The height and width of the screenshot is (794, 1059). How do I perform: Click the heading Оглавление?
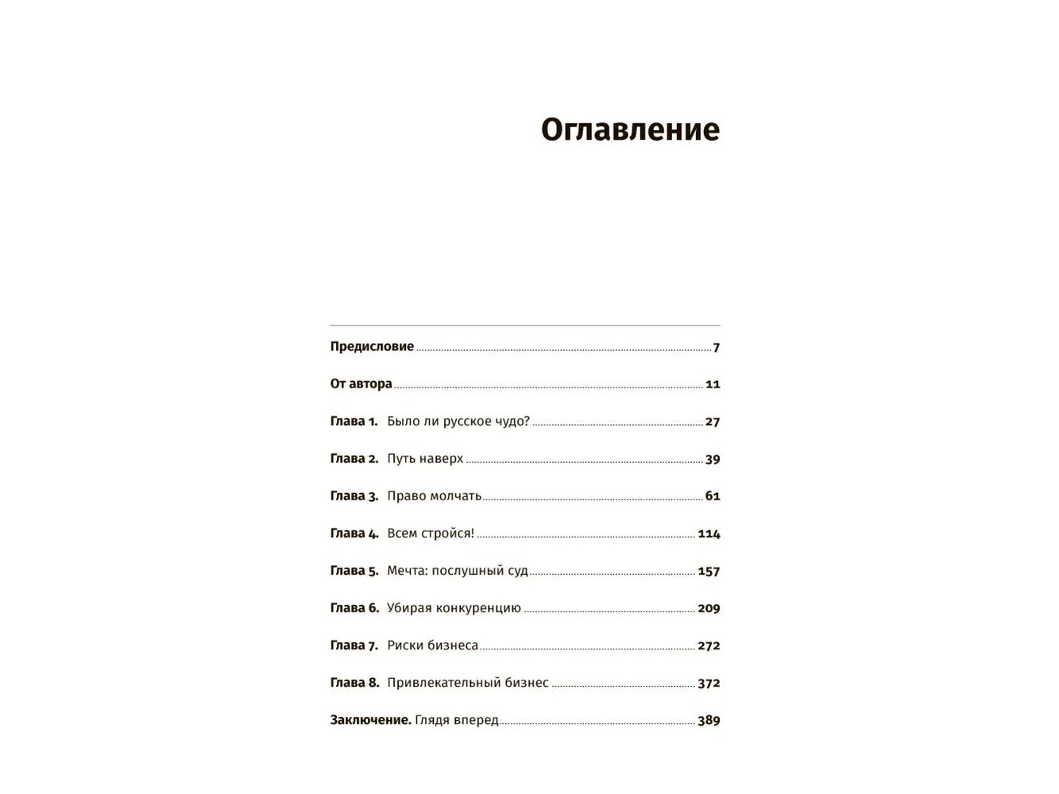coord(630,129)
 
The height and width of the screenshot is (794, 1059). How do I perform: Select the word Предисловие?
coord(372,346)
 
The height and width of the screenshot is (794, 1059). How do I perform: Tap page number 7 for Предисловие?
coord(716,347)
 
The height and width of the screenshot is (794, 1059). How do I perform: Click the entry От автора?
coord(361,384)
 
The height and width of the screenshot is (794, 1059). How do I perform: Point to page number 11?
coord(713,384)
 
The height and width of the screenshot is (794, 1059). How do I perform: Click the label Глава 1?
coord(354,421)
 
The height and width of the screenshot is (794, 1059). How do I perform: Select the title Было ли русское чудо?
coord(458,421)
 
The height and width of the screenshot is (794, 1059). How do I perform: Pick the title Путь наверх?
coord(425,458)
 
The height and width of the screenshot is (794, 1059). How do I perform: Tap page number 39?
coord(713,459)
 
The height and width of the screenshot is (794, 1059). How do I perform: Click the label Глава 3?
coord(354,495)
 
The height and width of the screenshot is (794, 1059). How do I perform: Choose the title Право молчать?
coord(434,495)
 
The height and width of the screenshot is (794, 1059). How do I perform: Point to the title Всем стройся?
coord(430,533)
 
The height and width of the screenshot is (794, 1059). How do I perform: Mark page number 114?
coord(709,534)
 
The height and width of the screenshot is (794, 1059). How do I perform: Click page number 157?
coord(709,571)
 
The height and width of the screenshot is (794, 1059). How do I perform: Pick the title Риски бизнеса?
coord(432,645)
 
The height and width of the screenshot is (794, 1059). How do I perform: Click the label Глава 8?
coord(354,682)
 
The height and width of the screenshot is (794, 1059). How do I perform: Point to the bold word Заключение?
coord(370,719)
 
